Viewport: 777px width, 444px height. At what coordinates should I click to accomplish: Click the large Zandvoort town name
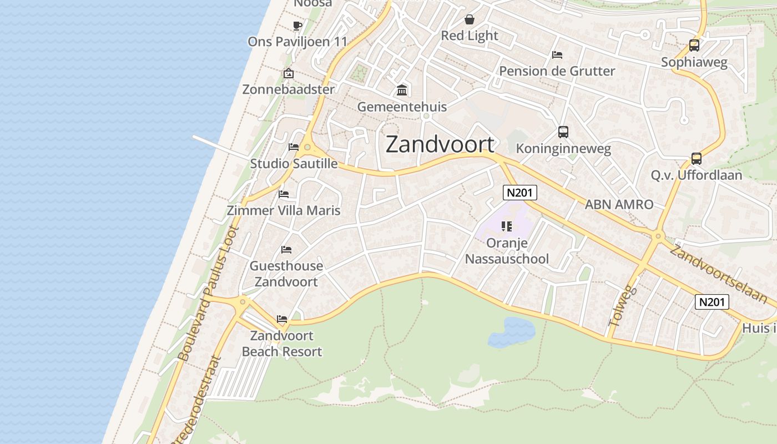440,144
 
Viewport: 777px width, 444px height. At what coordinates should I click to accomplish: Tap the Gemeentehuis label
402,107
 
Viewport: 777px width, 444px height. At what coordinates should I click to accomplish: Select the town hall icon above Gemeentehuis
402,90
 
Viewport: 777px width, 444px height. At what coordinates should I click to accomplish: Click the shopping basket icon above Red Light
470,20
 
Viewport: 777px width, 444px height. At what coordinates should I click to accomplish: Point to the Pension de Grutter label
557,71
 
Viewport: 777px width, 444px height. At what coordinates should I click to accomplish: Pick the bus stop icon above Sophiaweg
694,46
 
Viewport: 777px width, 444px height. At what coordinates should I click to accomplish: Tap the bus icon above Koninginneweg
563,132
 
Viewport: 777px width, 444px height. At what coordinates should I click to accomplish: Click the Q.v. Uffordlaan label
696,175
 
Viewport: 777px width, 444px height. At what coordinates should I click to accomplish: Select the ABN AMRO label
619,204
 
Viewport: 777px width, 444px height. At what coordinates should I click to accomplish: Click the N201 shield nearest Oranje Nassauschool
519,193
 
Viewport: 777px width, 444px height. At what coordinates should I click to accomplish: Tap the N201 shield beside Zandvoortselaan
712,302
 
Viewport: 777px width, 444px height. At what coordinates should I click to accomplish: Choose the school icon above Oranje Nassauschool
506,226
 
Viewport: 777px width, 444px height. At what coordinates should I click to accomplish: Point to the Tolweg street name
620,305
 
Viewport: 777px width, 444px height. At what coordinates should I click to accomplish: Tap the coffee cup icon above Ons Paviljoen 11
297,25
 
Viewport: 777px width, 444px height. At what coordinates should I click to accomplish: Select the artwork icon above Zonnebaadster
289,73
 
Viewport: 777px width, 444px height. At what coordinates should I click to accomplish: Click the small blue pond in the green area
511,331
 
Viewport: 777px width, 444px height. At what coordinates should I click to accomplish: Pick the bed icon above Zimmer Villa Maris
284,194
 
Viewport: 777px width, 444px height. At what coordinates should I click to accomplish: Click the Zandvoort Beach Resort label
282,344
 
